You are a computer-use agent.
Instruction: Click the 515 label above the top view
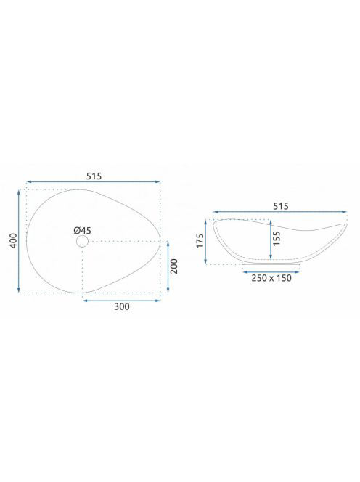(94, 176)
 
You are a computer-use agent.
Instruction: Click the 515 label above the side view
(281, 206)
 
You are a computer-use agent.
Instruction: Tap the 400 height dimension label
(13, 241)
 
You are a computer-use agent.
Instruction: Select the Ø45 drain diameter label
(83, 230)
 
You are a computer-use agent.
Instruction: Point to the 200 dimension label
(174, 266)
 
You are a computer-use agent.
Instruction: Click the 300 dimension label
(122, 306)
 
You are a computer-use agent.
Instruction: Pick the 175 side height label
(200, 241)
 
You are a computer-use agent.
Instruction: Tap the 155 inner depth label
(277, 238)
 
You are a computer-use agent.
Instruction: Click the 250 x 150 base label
(271, 278)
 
